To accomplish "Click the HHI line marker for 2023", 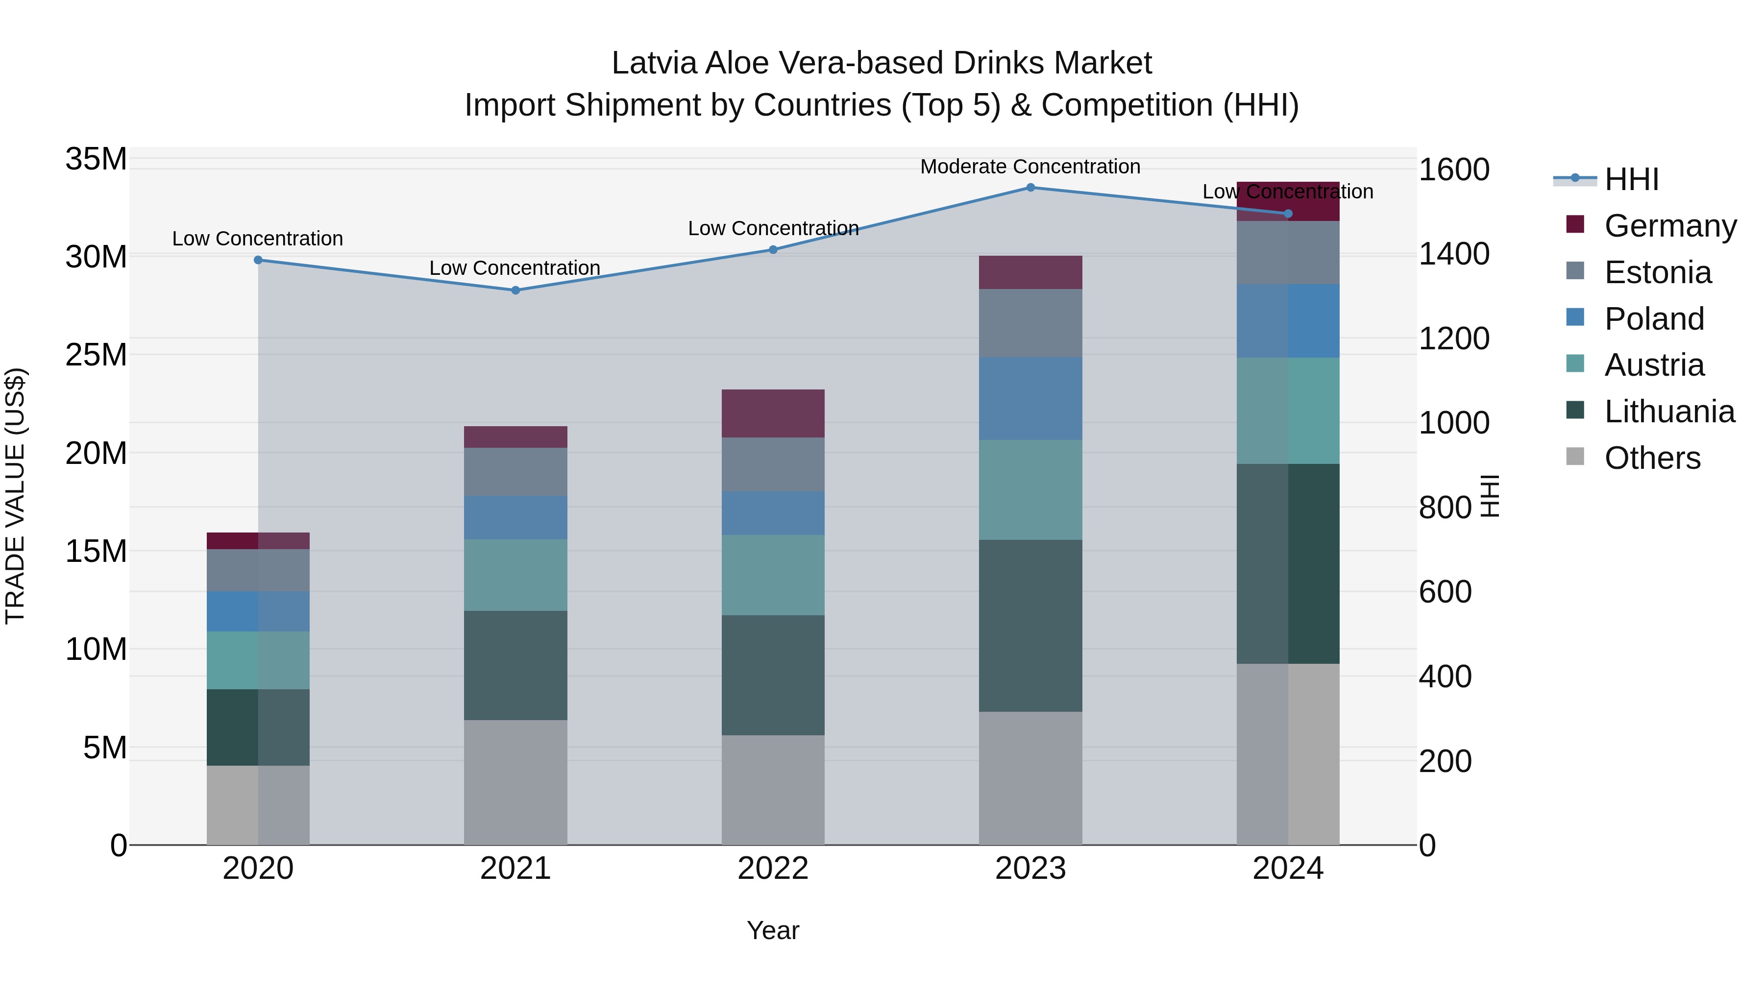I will click(1030, 188).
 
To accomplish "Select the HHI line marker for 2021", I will click(515, 290).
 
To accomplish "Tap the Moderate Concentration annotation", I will click(1030, 167).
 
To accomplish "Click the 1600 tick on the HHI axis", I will click(1454, 170).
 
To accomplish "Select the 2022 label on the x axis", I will click(773, 869).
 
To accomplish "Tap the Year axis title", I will click(773, 930).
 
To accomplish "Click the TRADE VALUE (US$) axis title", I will click(15, 496).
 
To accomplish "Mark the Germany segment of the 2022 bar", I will click(773, 413).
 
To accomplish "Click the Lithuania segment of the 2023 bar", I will click(1030, 625).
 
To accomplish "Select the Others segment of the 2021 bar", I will click(515, 782).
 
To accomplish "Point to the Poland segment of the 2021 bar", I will click(515, 518).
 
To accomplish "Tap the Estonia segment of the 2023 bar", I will click(1030, 323).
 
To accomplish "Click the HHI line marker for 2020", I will click(258, 260).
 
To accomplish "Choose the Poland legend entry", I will click(1654, 319).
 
